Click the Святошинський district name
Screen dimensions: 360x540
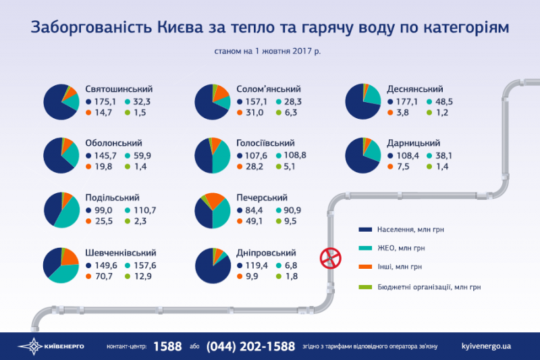(119, 89)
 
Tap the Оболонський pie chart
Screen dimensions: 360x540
(60, 155)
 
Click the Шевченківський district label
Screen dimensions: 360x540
(126, 251)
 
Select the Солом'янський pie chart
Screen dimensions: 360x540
(212, 102)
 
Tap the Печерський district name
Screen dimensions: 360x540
(263, 197)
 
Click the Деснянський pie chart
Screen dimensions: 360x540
(363, 102)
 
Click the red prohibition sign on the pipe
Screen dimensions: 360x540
(329, 257)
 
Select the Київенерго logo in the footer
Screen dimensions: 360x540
(51, 346)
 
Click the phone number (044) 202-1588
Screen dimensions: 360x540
(250, 346)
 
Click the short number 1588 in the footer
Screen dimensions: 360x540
(167, 346)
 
